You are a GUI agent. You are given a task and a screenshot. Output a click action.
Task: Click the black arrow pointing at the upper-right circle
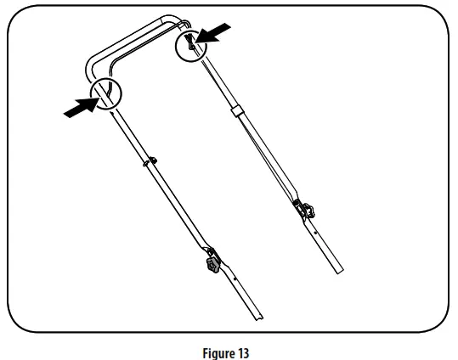pos(213,34)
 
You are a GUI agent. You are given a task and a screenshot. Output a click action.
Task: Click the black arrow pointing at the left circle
pos(82,108)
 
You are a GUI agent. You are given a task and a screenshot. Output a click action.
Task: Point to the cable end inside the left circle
pos(109,93)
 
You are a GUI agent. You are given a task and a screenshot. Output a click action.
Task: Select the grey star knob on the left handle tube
pos(212,265)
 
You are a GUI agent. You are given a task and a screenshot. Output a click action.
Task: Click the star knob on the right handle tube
pos(308,211)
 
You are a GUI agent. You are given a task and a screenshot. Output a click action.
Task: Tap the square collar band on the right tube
pos(236,112)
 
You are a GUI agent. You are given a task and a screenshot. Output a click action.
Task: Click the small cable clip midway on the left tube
pos(153,160)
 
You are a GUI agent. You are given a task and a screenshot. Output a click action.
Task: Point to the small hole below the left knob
pos(235,278)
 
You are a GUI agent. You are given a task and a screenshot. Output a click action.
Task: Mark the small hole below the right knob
pos(315,233)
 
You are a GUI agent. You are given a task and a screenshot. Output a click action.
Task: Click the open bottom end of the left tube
pos(258,317)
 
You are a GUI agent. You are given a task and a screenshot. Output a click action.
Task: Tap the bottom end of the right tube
pos(339,271)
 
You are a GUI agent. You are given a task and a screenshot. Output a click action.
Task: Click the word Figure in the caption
pos(218,353)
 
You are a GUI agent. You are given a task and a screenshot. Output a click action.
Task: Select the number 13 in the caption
pos(242,352)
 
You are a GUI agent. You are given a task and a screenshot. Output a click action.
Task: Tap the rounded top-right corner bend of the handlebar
pos(175,20)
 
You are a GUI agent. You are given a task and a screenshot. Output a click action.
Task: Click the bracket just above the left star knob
pos(210,251)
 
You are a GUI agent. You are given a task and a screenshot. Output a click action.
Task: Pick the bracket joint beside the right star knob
pos(297,205)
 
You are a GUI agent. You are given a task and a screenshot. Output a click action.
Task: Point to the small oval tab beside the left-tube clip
pos(145,165)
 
